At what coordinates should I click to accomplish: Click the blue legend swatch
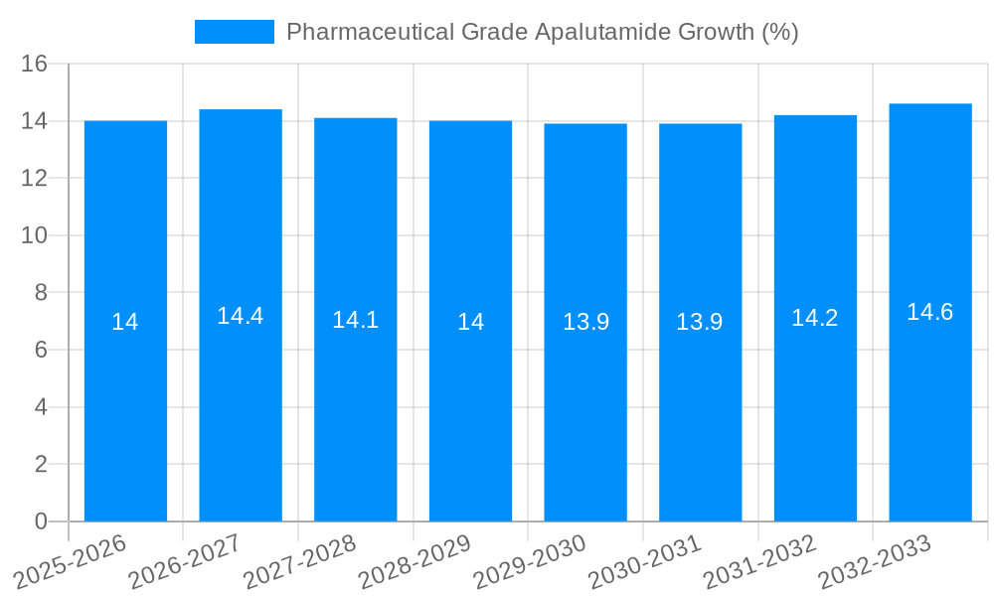coord(235,32)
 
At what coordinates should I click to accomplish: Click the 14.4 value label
coord(241,316)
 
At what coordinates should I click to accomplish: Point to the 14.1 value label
coord(355,320)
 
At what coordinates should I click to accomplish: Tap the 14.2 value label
coord(815,318)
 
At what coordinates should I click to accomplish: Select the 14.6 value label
coord(930,312)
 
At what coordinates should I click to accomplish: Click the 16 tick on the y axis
coord(35,65)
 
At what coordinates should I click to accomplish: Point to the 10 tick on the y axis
coord(35,235)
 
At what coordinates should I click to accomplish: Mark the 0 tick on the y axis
coord(41,521)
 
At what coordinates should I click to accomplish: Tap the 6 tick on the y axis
coord(41,350)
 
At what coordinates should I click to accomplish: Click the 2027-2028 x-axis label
coord(300,562)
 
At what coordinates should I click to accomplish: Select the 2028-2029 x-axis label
coord(415,562)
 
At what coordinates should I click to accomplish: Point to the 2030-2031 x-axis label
coord(645,562)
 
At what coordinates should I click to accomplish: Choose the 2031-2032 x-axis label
coord(760,562)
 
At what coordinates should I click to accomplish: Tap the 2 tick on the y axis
coord(41,464)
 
